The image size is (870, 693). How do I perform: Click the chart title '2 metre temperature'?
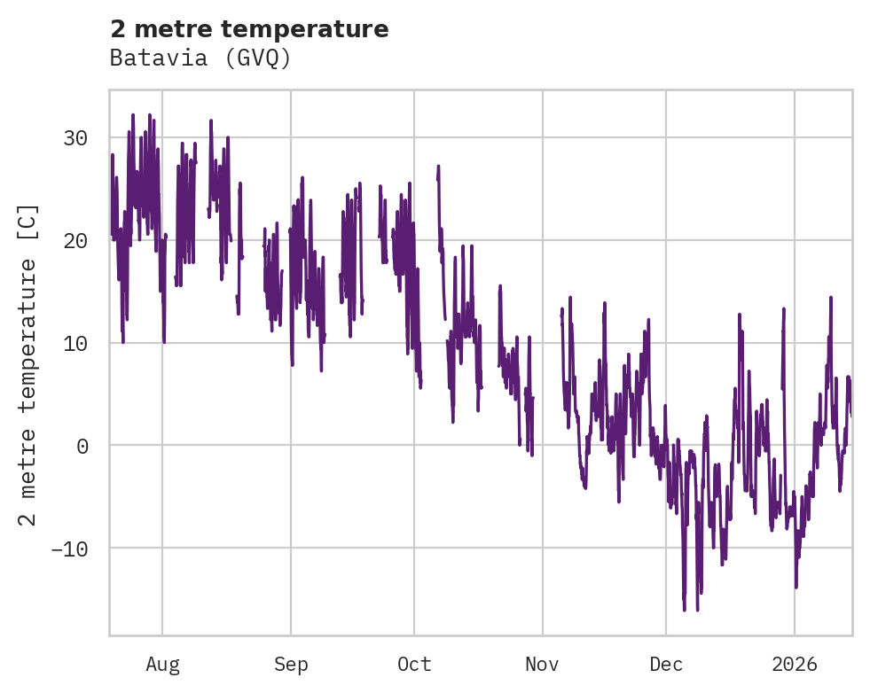click(x=249, y=29)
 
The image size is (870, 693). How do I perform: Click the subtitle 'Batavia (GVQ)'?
click(x=200, y=58)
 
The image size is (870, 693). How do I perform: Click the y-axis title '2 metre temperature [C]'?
click(x=28, y=364)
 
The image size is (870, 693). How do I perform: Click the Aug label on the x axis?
click(x=162, y=665)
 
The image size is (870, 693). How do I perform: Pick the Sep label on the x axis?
click(x=291, y=665)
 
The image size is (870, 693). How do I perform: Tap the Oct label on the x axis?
click(x=414, y=665)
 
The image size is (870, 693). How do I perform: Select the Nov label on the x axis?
click(x=542, y=665)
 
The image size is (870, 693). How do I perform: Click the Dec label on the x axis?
click(x=666, y=665)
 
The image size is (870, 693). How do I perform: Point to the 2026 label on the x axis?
click(x=795, y=665)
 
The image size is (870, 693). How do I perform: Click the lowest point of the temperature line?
click(x=685, y=610)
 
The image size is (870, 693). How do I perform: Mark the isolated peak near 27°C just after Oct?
click(x=438, y=167)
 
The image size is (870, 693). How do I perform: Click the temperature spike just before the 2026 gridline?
click(x=784, y=309)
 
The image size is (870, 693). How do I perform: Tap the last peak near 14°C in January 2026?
click(x=831, y=298)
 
